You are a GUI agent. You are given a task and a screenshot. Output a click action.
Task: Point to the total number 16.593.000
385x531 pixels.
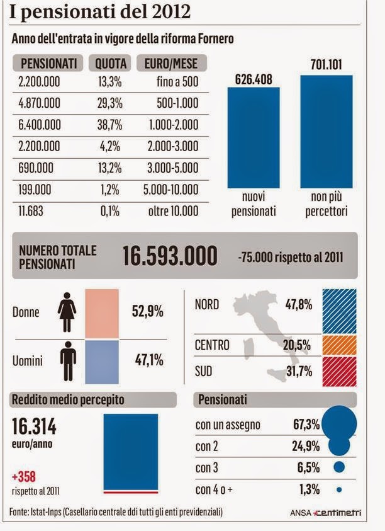point(170,256)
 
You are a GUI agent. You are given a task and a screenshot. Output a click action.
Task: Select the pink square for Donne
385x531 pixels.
point(101,313)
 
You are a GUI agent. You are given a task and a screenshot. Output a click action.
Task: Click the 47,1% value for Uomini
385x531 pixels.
point(148,360)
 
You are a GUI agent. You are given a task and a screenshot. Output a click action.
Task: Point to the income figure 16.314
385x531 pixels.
point(34,427)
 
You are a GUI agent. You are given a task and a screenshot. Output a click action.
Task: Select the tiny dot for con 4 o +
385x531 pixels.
point(339,489)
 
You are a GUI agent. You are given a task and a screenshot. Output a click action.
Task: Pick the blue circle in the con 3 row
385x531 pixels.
point(339,467)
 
